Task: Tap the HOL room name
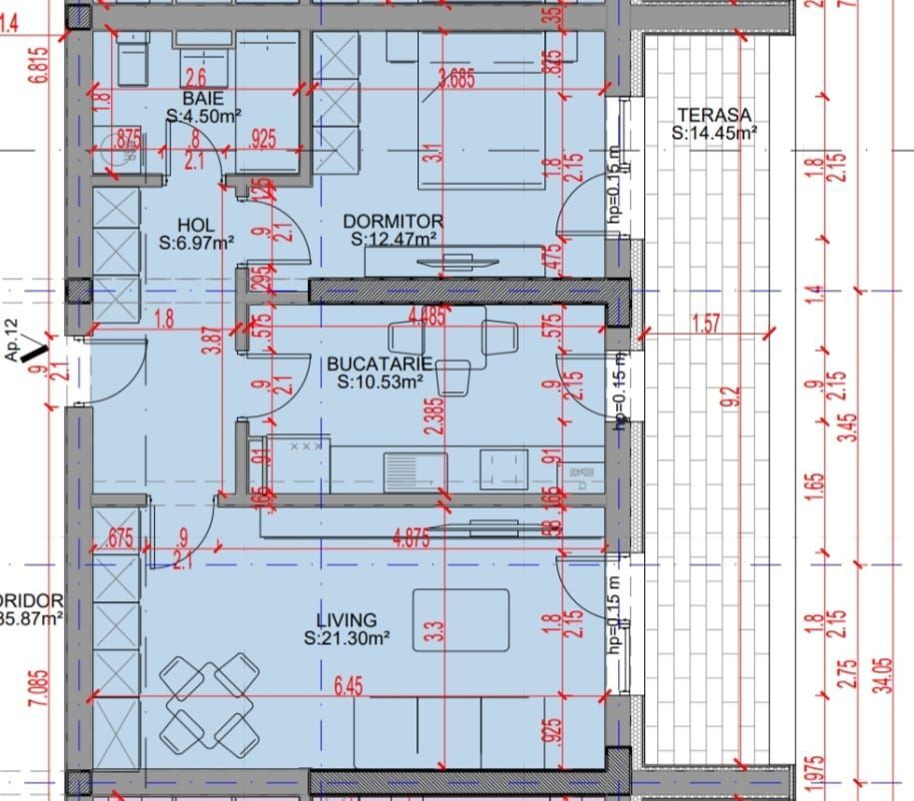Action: [x=197, y=225]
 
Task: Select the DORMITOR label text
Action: [x=394, y=221]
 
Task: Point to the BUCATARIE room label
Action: [x=380, y=364]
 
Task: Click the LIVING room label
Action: [x=347, y=620]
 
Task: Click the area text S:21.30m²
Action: [x=347, y=637]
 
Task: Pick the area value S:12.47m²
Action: [x=394, y=239]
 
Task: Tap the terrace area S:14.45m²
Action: [x=713, y=132]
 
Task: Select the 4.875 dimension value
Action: [x=411, y=536]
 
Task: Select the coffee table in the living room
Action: [x=460, y=620]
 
